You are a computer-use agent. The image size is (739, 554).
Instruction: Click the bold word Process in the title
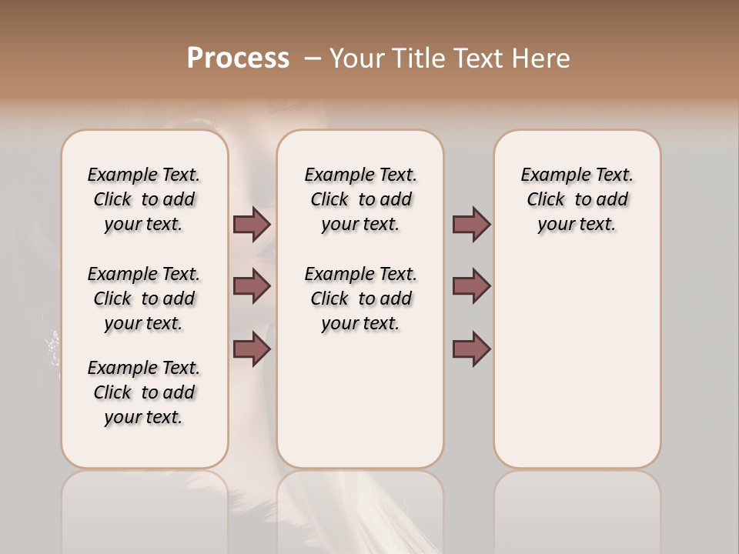coord(238,58)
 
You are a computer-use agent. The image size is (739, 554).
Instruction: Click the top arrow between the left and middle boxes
coord(252,224)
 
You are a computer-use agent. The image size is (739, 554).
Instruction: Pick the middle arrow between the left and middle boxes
coord(252,286)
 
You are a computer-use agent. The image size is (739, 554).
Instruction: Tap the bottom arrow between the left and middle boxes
coord(252,349)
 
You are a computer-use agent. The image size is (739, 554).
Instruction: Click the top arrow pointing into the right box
coord(471,224)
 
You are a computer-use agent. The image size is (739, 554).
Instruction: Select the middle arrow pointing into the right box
coord(471,286)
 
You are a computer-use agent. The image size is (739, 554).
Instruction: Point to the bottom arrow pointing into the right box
coord(471,349)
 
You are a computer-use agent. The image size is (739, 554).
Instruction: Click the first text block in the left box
coord(144,199)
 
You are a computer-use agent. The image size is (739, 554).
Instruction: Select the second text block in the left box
coord(144,299)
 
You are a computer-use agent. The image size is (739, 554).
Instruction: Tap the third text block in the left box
coord(144,392)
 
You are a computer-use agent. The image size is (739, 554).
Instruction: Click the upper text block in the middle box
coord(360,199)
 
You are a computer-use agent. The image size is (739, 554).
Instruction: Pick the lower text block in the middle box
coord(360,299)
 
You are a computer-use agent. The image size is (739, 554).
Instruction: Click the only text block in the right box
coord(577,199)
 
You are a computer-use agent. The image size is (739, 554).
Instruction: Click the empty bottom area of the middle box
coord(360,408)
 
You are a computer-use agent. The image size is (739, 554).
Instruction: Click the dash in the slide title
coord(313,58)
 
